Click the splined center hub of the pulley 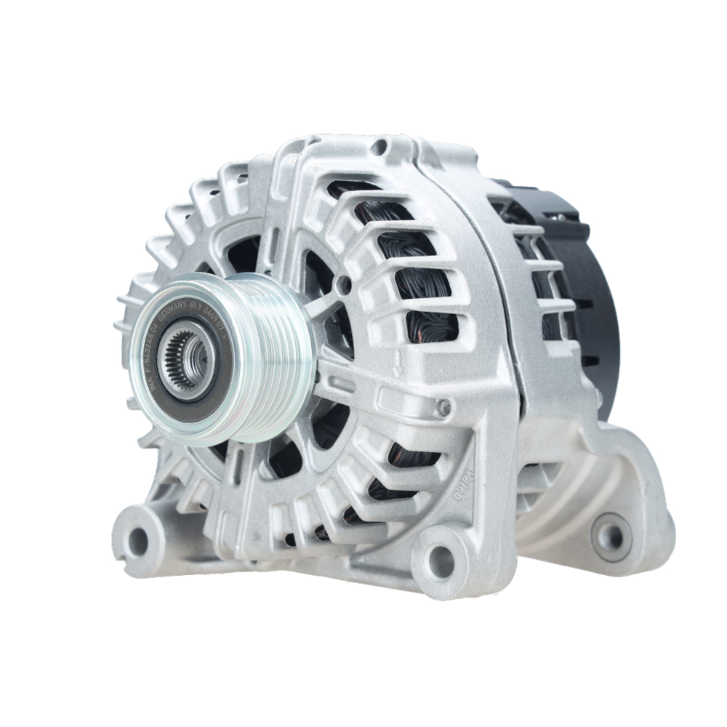187,358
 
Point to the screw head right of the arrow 442,409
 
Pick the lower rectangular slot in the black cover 590,360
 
